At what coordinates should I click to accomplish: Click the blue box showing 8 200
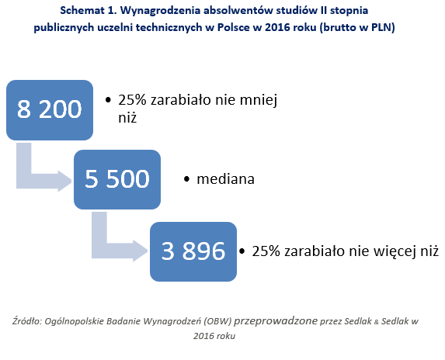coord(50,110)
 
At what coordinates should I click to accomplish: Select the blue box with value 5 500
coord(117,180)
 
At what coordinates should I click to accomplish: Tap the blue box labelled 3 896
coord(193,251)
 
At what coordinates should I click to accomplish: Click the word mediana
coord(226,179)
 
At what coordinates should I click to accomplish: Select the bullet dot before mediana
coord(186,179)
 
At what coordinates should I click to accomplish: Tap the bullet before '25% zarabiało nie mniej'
coord(108,100)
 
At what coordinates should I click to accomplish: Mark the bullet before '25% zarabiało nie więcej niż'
coord(242,251)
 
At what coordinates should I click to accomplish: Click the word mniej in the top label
coord(259,100)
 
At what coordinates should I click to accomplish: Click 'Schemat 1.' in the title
coord(89,11)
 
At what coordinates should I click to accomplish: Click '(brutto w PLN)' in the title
coord(357,28)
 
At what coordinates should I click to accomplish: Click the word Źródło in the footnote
coord(27,321)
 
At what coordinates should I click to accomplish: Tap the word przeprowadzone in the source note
coord(276,321)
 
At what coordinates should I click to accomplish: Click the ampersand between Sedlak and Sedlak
coord(377,322)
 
